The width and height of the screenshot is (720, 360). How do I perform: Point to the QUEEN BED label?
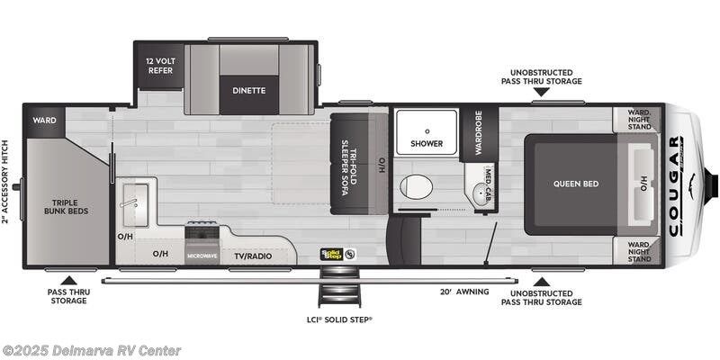(576, 184)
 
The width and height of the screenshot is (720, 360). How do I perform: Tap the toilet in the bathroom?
(415, 187)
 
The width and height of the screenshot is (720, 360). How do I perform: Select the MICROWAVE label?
(202, 256)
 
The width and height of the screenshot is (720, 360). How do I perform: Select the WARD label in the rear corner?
(45, 120)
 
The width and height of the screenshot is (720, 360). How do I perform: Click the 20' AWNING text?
(464, 292)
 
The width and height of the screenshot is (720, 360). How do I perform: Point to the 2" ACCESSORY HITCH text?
(6, 181)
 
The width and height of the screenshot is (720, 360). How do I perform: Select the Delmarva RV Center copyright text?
(92, 350)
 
